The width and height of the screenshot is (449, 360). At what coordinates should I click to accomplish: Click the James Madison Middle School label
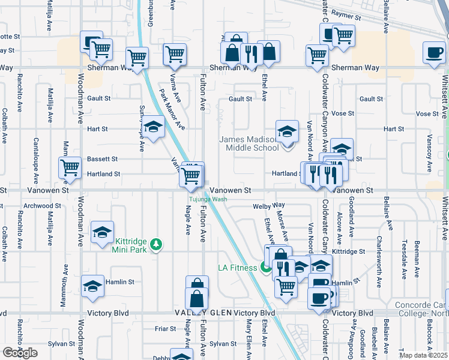[248, 143]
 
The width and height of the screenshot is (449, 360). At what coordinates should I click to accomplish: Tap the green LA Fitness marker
[266, 268]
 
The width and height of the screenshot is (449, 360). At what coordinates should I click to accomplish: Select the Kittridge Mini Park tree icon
[156, 244]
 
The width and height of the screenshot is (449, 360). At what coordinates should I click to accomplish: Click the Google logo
[20, 353]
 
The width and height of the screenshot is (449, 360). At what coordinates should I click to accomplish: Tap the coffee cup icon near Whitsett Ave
[434, 52]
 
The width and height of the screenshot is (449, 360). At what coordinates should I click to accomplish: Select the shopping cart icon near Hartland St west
[70, 168]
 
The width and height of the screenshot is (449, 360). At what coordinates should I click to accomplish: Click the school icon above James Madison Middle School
[288, 131]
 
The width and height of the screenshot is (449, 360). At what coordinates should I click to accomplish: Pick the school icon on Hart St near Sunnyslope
[153, 127]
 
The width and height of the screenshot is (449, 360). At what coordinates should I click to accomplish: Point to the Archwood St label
[38, 205]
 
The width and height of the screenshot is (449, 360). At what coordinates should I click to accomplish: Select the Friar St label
[164, 328]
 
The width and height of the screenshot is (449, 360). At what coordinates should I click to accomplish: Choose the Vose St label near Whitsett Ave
[427, 113]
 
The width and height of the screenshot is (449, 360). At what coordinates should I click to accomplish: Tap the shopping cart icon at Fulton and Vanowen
[190, 176]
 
